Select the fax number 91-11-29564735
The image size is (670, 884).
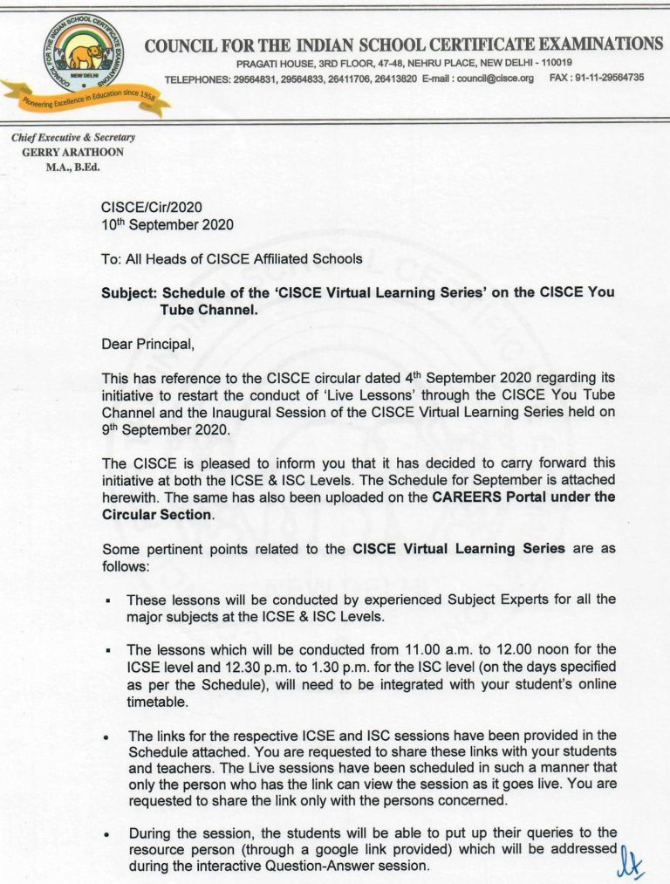click(609, 78)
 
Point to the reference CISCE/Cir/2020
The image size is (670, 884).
click(152, 208)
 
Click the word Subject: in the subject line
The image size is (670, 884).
click(130, 293)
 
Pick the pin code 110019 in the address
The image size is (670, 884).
click(556, 63)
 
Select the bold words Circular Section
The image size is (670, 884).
click(157, 515)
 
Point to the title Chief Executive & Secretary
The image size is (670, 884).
click(73, 137)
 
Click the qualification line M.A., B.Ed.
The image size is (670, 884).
click(73, 165)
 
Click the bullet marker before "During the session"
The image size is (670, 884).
click(107, 833)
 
